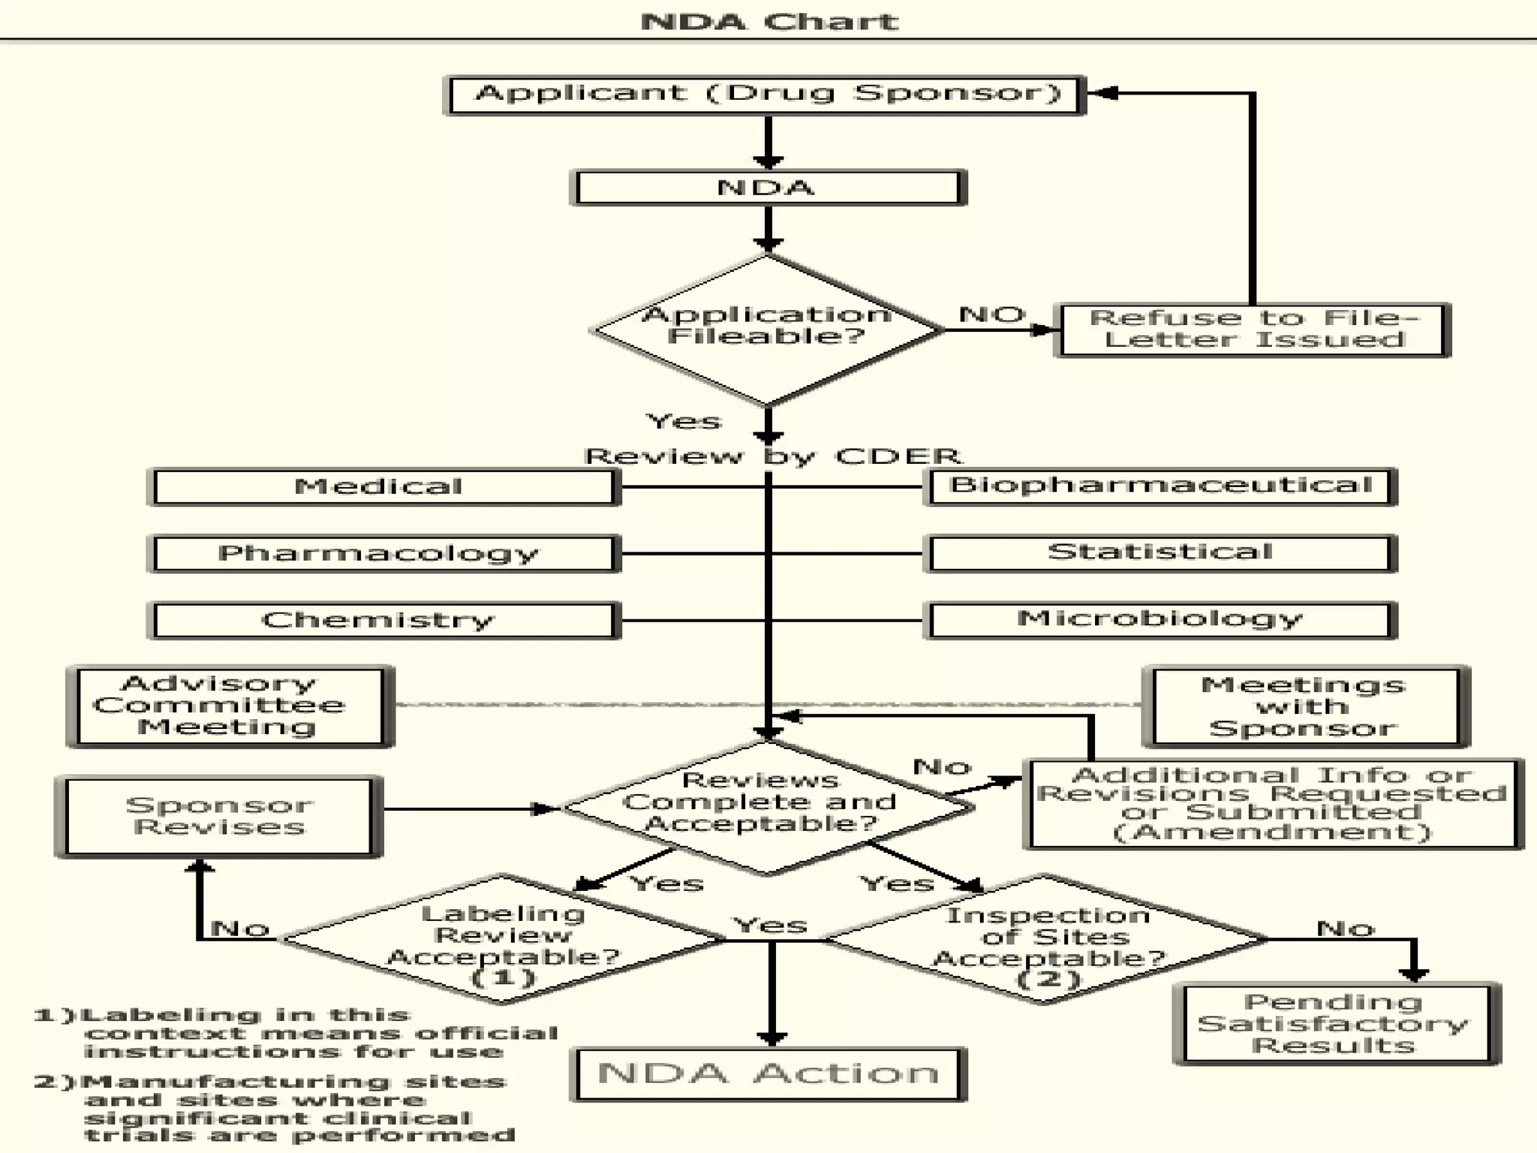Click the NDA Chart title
click(x=768, y=21)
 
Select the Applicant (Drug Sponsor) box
click(x=765, y=95)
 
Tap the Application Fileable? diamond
click(x=765, y=330)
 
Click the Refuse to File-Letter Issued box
click(x=1252, y=330)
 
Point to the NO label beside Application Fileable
click(x=991, y=315)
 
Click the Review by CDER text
click(x=773, y=456)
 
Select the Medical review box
click(x=383, y=487)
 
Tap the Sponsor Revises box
click(x=218, y=817)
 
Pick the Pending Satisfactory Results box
click(x=1334, y=1024)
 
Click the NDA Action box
click(x=768, y=1074)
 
